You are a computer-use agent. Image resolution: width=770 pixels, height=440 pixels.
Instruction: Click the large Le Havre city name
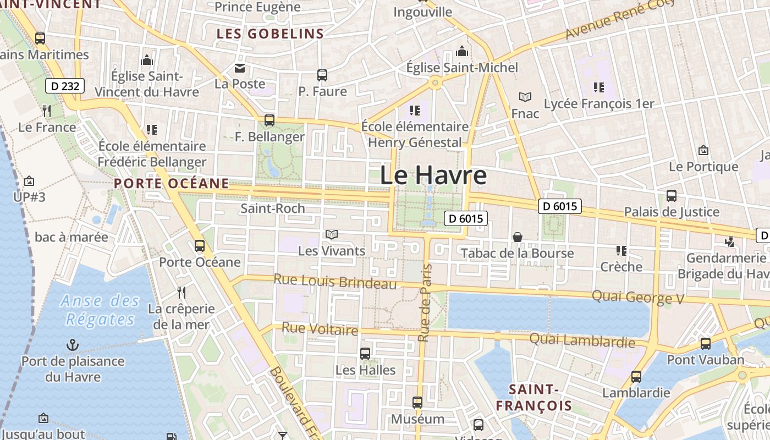(433, 175)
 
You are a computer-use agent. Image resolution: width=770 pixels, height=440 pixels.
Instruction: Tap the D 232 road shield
(65, 86)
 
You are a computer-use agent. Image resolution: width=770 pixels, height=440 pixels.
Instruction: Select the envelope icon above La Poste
(240, 68)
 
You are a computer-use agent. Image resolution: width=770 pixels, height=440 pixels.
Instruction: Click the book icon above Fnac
(525, 97)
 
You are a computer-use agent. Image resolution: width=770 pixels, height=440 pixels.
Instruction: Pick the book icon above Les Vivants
(331, 235)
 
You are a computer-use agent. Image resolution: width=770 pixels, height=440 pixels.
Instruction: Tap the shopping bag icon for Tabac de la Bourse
(517, 237)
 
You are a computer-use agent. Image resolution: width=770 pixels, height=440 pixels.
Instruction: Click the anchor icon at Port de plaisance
(73, 345)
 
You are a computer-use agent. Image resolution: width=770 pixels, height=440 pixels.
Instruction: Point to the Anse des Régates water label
(100, 310)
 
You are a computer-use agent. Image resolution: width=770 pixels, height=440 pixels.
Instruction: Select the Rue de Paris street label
(424, 302)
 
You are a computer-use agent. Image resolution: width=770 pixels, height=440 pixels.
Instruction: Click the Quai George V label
(637, 297)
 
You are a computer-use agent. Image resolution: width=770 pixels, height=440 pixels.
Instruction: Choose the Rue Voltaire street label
(320, 329)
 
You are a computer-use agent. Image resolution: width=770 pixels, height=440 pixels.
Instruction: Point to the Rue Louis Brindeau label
(335, 281)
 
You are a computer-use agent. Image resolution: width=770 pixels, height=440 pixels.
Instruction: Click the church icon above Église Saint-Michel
(462, 51)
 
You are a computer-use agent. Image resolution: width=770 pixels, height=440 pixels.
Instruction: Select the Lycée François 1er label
(599, 103)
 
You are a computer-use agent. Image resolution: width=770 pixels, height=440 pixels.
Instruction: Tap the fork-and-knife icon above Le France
(47, 111)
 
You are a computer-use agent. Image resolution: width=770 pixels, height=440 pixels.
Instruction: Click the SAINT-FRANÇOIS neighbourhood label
(533, 398)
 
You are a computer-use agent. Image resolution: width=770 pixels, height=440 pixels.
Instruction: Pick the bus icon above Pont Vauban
(705, 344)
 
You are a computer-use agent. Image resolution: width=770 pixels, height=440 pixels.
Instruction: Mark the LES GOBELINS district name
(270, 34)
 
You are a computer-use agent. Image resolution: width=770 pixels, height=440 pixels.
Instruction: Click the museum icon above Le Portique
(703, 150)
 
